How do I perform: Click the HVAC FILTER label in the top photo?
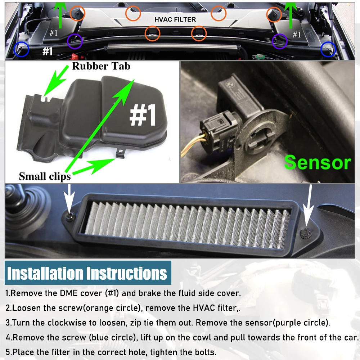(175, 19)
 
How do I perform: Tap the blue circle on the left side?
(21, 49)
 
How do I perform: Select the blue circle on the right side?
(328, 49)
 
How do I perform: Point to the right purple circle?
(280, 41)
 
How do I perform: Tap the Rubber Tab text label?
(101, 66)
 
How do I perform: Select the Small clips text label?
(45, 176)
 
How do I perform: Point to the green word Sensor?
(317, 162)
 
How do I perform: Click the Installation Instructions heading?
(87, 273)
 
